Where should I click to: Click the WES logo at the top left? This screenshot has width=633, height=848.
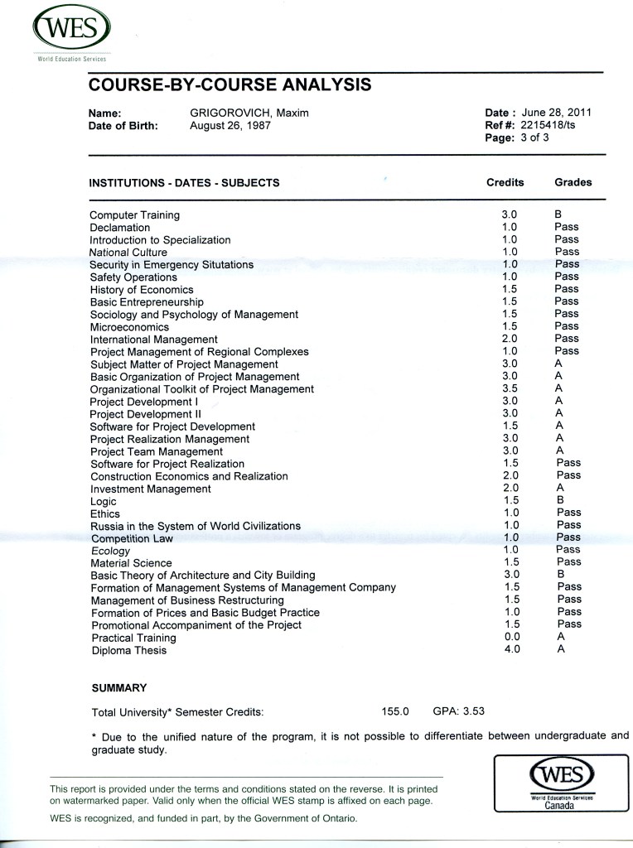pos(70,31)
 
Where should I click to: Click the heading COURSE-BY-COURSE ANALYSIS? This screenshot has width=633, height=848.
pos(230,84)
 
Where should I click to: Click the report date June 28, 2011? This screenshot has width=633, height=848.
pos(557,113)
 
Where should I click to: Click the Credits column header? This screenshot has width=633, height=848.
pos(505,182)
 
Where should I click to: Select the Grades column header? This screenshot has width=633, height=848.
pos(573,182)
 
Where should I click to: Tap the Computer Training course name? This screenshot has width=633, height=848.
pos(134,215)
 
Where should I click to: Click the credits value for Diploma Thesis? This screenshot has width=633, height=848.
pos(511,649)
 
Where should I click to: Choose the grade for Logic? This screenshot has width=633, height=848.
pos(559,500)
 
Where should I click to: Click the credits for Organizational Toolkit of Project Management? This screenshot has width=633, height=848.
pos(510,388)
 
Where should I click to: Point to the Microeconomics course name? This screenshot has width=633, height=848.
pos(129,327)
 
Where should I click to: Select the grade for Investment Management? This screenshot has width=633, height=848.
pos(560,488)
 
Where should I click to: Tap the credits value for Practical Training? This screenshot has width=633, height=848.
pos(511,637)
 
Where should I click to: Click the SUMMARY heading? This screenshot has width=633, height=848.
pos(118,687)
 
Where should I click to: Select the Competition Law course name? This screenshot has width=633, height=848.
pos(132,538)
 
